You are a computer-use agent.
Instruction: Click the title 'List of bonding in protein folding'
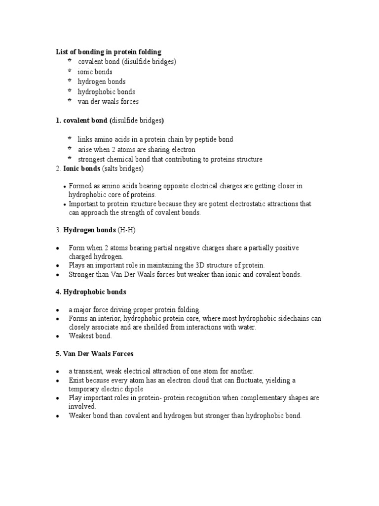(108, 52)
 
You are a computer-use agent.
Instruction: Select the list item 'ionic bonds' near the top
(95, 72)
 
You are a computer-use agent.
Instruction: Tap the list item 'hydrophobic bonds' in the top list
(106, 91)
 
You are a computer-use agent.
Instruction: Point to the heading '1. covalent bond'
(82, 120)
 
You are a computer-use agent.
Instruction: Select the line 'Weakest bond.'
(90, 336)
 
